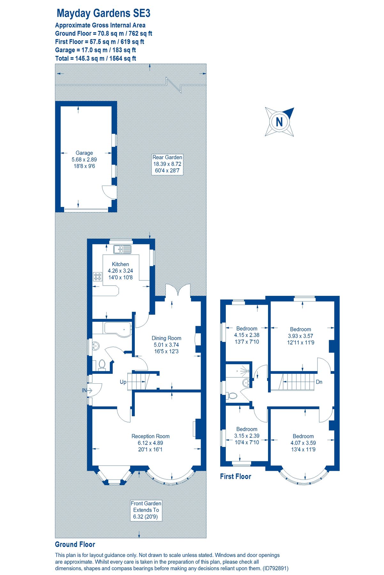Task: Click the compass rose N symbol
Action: tap(279, 122)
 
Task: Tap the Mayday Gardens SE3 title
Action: tap(103, 13)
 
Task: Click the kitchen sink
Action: tap(122, 249)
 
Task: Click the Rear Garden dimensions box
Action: tap(167, 164)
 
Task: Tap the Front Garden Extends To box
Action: tap(146, 510)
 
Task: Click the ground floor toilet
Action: tap(102, 364)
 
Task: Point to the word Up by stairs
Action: tap(123, 382)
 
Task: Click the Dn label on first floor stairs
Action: tap(319, 382)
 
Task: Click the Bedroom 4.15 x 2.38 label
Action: tap(247, 335)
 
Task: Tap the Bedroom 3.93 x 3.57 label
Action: tap(300, 336)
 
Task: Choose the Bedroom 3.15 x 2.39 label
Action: tap(247, 436)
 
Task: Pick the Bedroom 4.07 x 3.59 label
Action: tap(303, 443)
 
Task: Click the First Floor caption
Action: tap(235, 477)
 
